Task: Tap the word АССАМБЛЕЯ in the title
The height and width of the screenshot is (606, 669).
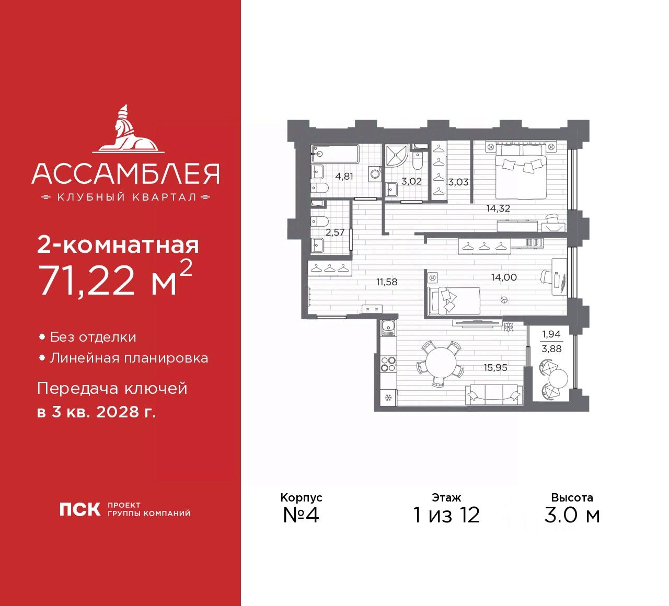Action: coord(125,174)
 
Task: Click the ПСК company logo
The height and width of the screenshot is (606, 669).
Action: coord(79,509)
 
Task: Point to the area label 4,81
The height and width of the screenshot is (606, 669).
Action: coord(344,176)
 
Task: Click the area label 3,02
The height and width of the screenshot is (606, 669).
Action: coord(411,181)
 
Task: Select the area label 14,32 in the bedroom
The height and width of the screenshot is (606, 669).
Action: coord(498,208)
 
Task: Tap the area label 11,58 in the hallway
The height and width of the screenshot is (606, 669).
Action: coord(387,282)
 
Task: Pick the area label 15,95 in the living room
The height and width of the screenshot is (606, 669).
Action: coord(495,367)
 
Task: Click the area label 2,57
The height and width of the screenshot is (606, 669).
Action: coord(334,232)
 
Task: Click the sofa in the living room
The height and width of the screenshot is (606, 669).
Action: coord(494,394)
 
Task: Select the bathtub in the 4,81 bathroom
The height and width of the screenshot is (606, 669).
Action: coord(335,154)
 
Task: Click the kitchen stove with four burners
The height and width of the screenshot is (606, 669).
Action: coord(388,364)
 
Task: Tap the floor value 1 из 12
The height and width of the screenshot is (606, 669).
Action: coord(446,515)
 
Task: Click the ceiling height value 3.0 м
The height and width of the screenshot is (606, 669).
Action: coord(572,515)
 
